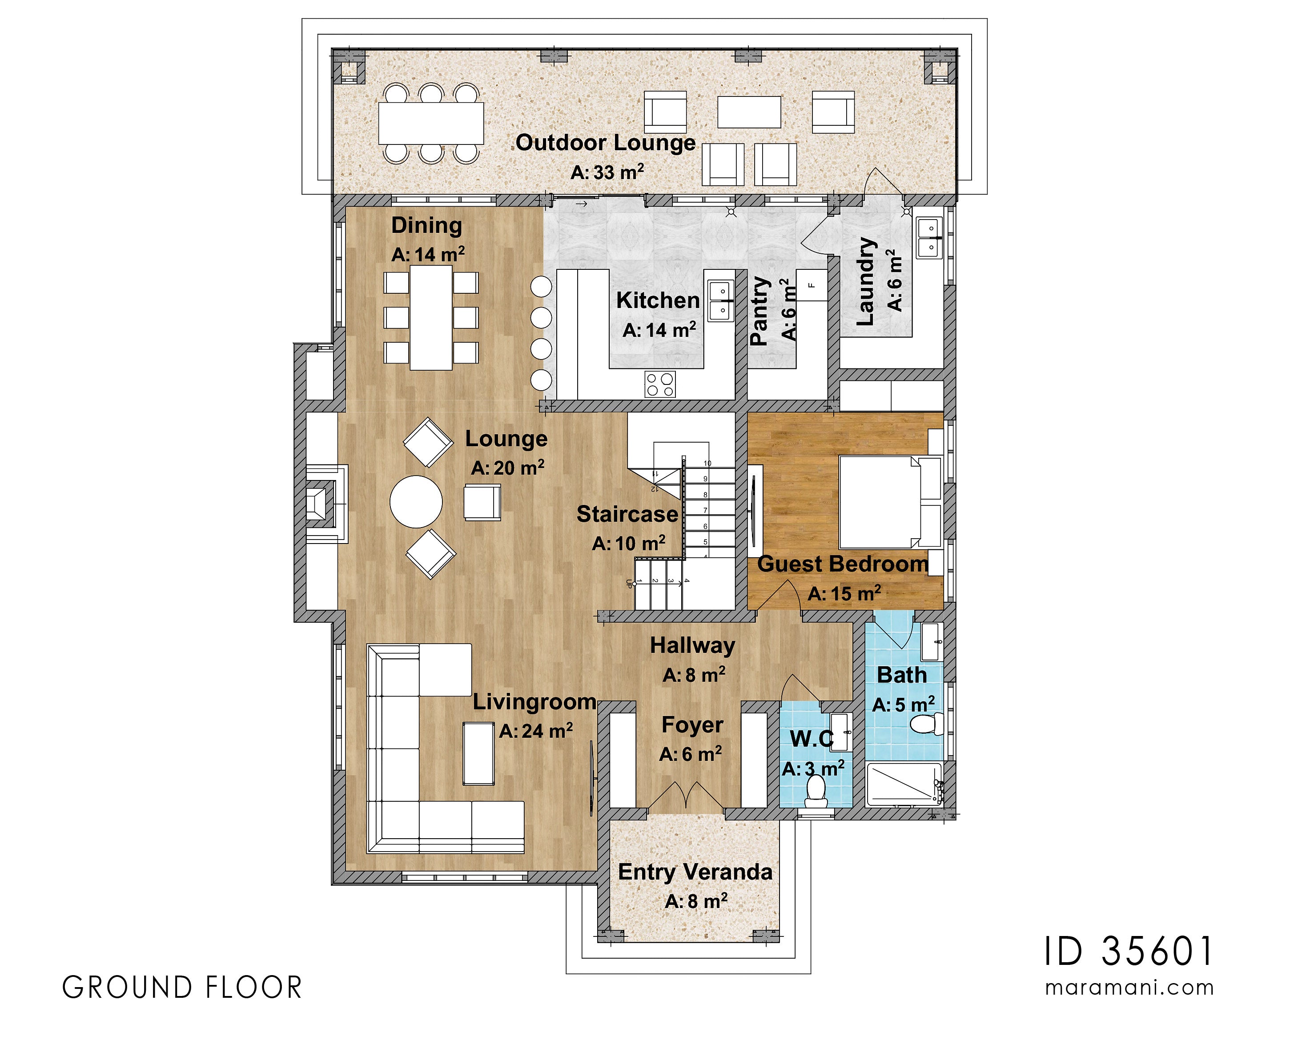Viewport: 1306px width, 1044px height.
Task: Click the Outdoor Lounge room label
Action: pyautogui.click(x=605, y=143)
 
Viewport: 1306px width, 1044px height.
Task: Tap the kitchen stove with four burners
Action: pyautogui.click(x=659, y=384)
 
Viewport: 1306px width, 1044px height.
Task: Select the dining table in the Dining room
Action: pyautogui.click(x=431, y=318)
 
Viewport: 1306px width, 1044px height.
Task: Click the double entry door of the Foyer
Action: pyautogui.click(x=686, y=797)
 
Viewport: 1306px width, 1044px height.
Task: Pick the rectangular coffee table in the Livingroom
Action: pyautogui.click(x=478, y=753)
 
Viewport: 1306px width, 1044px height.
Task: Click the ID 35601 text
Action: pyautogui.click(x=1129, y=952)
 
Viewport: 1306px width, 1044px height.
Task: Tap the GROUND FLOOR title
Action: pyautogui.click(x=182, y=988)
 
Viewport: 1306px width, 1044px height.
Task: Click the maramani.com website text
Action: pyautogui.click(x=1129, y=988)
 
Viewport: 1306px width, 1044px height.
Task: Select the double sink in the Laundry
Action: pyautogui.click(x=928, y=238)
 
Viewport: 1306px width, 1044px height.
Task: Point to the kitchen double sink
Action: pyautogui.click(x=721, y=300)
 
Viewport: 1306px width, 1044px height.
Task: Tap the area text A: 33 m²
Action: pyautogui.click(x=607, y=172)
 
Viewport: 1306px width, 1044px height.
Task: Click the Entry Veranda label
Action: pyautogui.click(x=695, y=872)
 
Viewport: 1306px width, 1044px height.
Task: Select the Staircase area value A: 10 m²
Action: pyautogui.click(x=628, y=543)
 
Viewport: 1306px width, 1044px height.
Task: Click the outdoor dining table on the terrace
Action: pyautogui.click(x=431, y=123)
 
